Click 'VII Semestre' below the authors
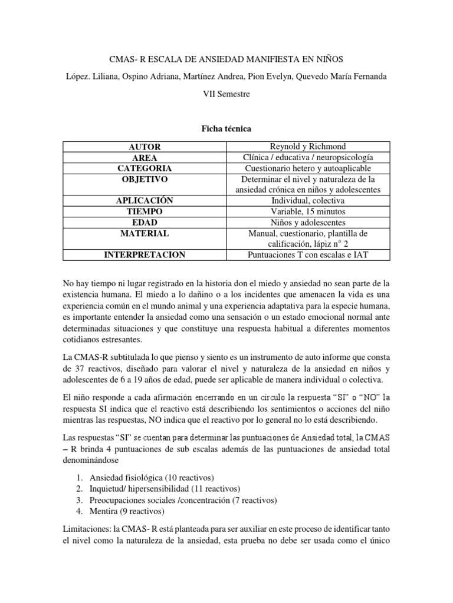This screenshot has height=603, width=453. tap(226, 94)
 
